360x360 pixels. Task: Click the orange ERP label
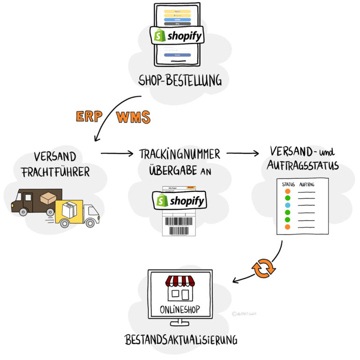(x=89, y=117)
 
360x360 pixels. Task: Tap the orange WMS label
(x=134, y=117)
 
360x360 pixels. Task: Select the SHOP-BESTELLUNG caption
(x=180, y=81)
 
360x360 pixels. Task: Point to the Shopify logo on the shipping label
(x=180, y=201)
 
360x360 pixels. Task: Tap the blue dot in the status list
(x=287, y=205)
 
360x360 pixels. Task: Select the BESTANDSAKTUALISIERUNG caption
(x=180, y=340)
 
